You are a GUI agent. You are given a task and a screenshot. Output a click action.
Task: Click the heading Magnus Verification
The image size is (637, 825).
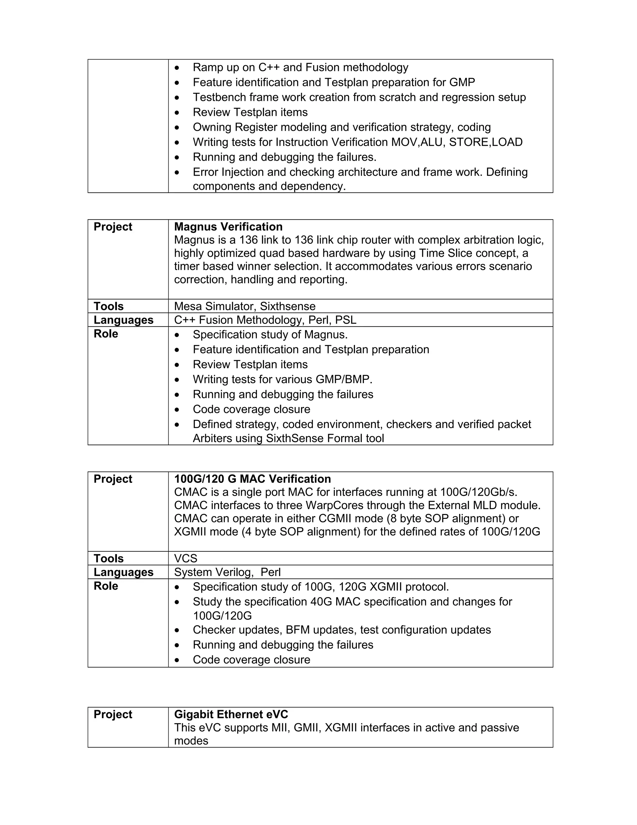click(x=228, y=227)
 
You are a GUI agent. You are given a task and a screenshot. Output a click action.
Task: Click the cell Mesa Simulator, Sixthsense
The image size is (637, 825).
click(x=244, y=306)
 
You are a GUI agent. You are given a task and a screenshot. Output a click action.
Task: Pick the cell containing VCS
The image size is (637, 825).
click(x=185, y=558)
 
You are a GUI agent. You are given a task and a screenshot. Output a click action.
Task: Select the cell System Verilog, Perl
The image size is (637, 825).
click(x=227, y=572)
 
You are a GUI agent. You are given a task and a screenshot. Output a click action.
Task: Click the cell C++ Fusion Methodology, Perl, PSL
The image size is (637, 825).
click(x=265, y=320)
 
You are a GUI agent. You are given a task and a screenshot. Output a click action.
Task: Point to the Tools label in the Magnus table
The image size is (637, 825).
click(x=108, y=306)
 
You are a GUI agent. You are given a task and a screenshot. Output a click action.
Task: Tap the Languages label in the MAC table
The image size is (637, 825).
click(x=123, y=572)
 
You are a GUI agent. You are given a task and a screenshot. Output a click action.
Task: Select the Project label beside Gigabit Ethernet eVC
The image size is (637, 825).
click(x=113, y=714)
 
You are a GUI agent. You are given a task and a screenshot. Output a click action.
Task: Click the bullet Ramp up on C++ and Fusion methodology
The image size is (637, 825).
click(x=300, y=67)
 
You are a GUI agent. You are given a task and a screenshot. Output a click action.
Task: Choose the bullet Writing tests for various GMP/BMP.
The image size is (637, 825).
click(x=282, y=379)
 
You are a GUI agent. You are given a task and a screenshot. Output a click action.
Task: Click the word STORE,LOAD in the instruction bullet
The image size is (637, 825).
click(x=485, y=142)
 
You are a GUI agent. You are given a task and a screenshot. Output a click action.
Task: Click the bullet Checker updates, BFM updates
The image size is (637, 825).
click(x=342, y=630)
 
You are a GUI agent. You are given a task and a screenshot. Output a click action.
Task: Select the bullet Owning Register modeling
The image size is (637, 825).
click(x=342, y=127)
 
